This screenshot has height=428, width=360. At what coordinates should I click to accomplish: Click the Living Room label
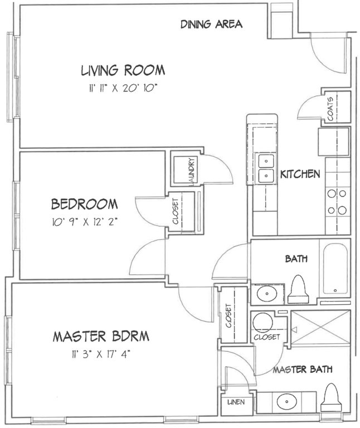[x=123, y=70]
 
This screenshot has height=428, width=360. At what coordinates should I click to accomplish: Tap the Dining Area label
[x=212, y=25]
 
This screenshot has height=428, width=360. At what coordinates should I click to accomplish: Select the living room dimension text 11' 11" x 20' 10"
[x=123, y=88]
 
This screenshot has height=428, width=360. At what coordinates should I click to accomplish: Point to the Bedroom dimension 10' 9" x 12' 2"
[x=85, y=222]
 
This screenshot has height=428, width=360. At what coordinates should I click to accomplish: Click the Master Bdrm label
[x=101, y=336]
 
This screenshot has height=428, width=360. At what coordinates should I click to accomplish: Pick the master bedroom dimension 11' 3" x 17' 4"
[x=101, y=354]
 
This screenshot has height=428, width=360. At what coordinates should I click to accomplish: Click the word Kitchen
[x=300, y=174]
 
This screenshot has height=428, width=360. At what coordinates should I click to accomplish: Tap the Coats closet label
[x=330, y=109]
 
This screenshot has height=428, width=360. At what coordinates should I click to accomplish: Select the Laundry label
[x=192, y=171]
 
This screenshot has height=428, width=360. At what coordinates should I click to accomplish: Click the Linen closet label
[x=236, y=402]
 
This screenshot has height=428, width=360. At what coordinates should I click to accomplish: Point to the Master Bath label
[x=303, y=369]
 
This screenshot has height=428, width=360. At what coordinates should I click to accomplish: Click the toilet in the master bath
[x=331, y=397]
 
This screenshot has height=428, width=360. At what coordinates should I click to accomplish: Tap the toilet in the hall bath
[x=298, y=289]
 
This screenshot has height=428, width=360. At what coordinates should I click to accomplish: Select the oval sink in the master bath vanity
[x=286, y=401]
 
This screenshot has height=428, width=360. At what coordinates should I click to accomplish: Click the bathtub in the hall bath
[x=335, y=268]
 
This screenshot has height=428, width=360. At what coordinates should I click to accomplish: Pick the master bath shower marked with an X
[x=320, y=328]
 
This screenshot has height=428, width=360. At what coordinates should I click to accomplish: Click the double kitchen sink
[x=266, y=168]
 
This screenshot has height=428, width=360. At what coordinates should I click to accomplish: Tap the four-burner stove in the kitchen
[x=337, y=202]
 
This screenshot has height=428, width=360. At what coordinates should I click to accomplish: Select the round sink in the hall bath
[x=267, y=294]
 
